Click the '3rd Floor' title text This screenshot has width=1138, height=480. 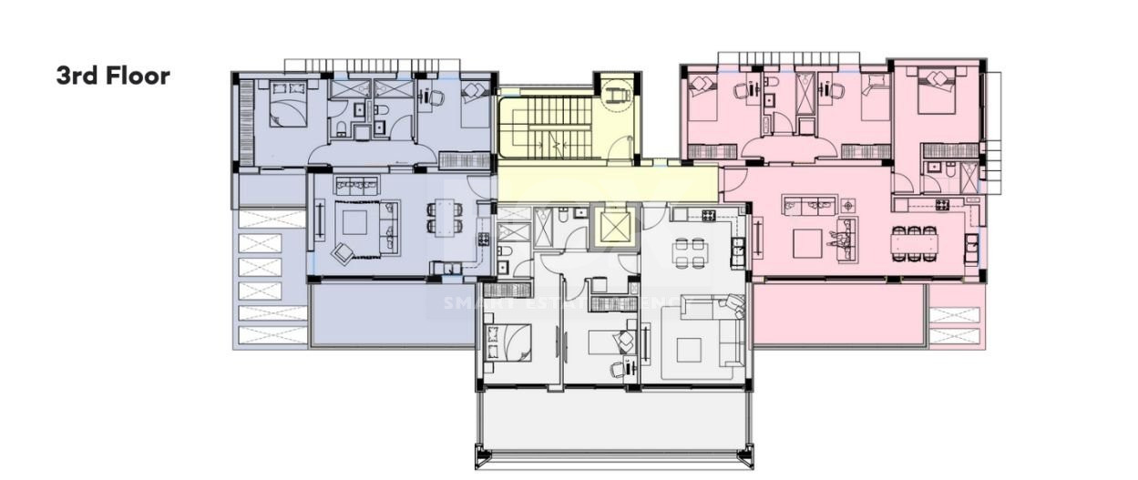(113, 76)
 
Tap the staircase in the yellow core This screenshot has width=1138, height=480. (547, 128)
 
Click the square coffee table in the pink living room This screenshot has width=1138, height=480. (807, 243)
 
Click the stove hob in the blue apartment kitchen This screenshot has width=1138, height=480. (483, 239)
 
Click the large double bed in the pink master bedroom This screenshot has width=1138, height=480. (937, 91)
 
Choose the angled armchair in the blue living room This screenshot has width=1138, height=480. (343, 253)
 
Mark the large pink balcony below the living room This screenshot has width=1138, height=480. (838, 315)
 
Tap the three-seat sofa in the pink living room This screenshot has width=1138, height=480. (809, 205)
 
